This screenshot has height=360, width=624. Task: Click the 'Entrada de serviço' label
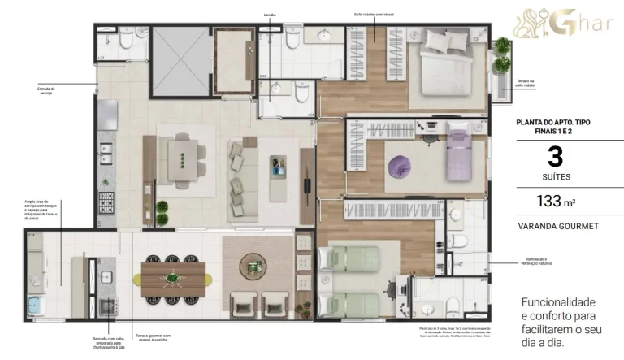click(46, 91)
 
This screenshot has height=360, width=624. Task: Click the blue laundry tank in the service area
click(37, 306)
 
